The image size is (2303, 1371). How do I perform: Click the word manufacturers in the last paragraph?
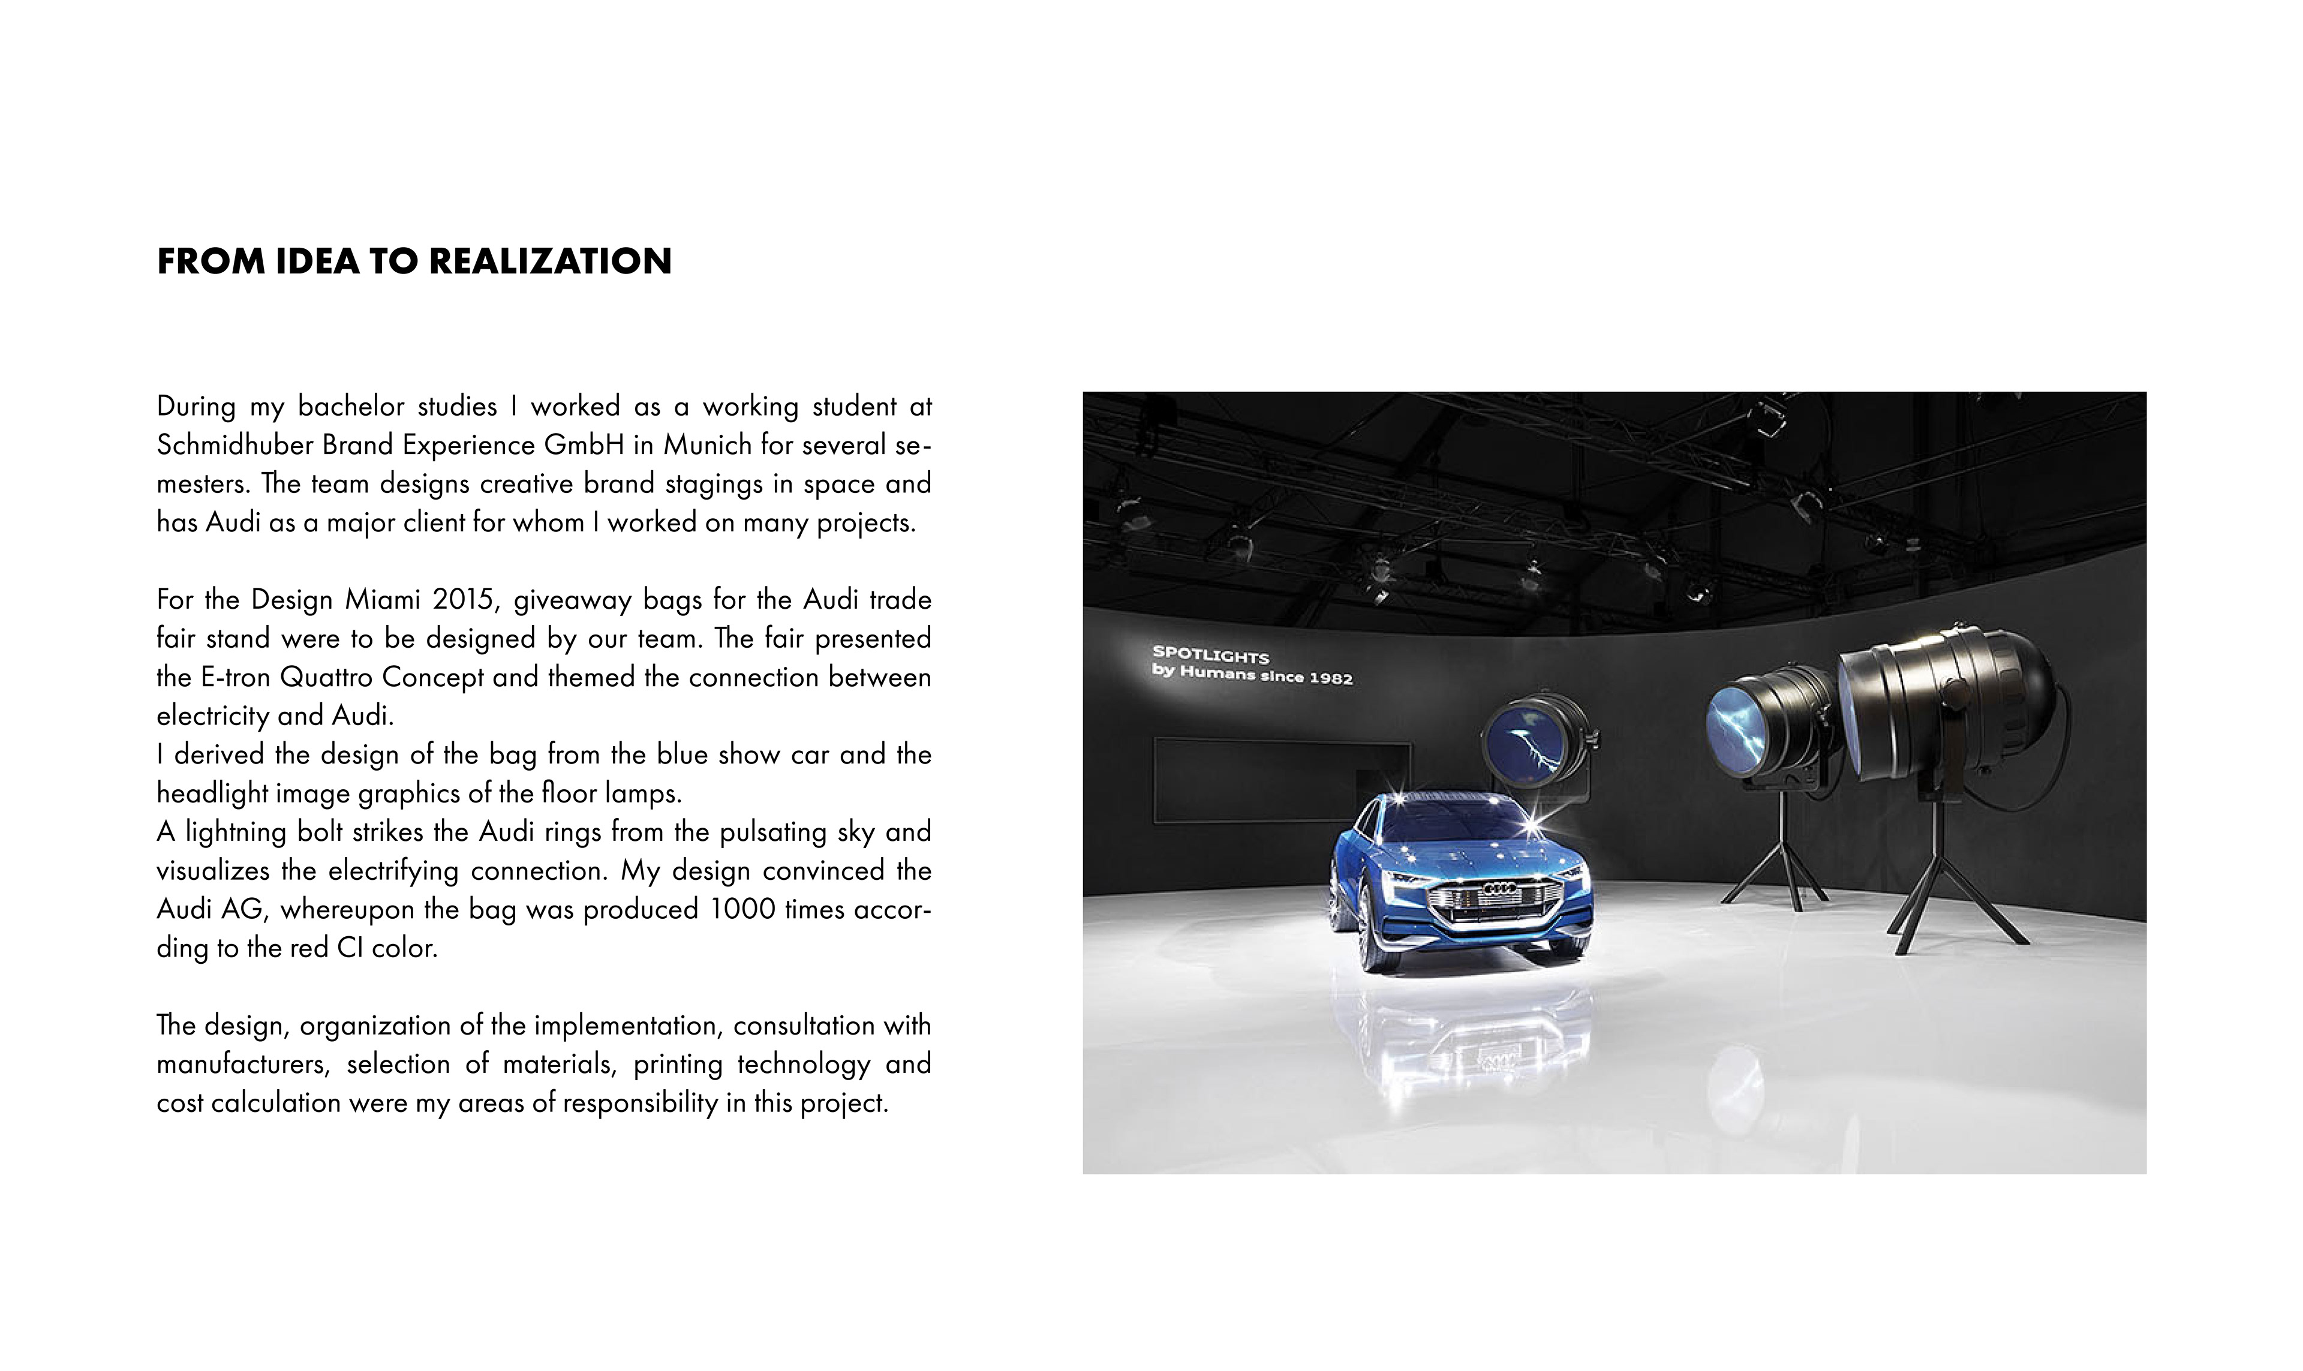[x=243, y=1065]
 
